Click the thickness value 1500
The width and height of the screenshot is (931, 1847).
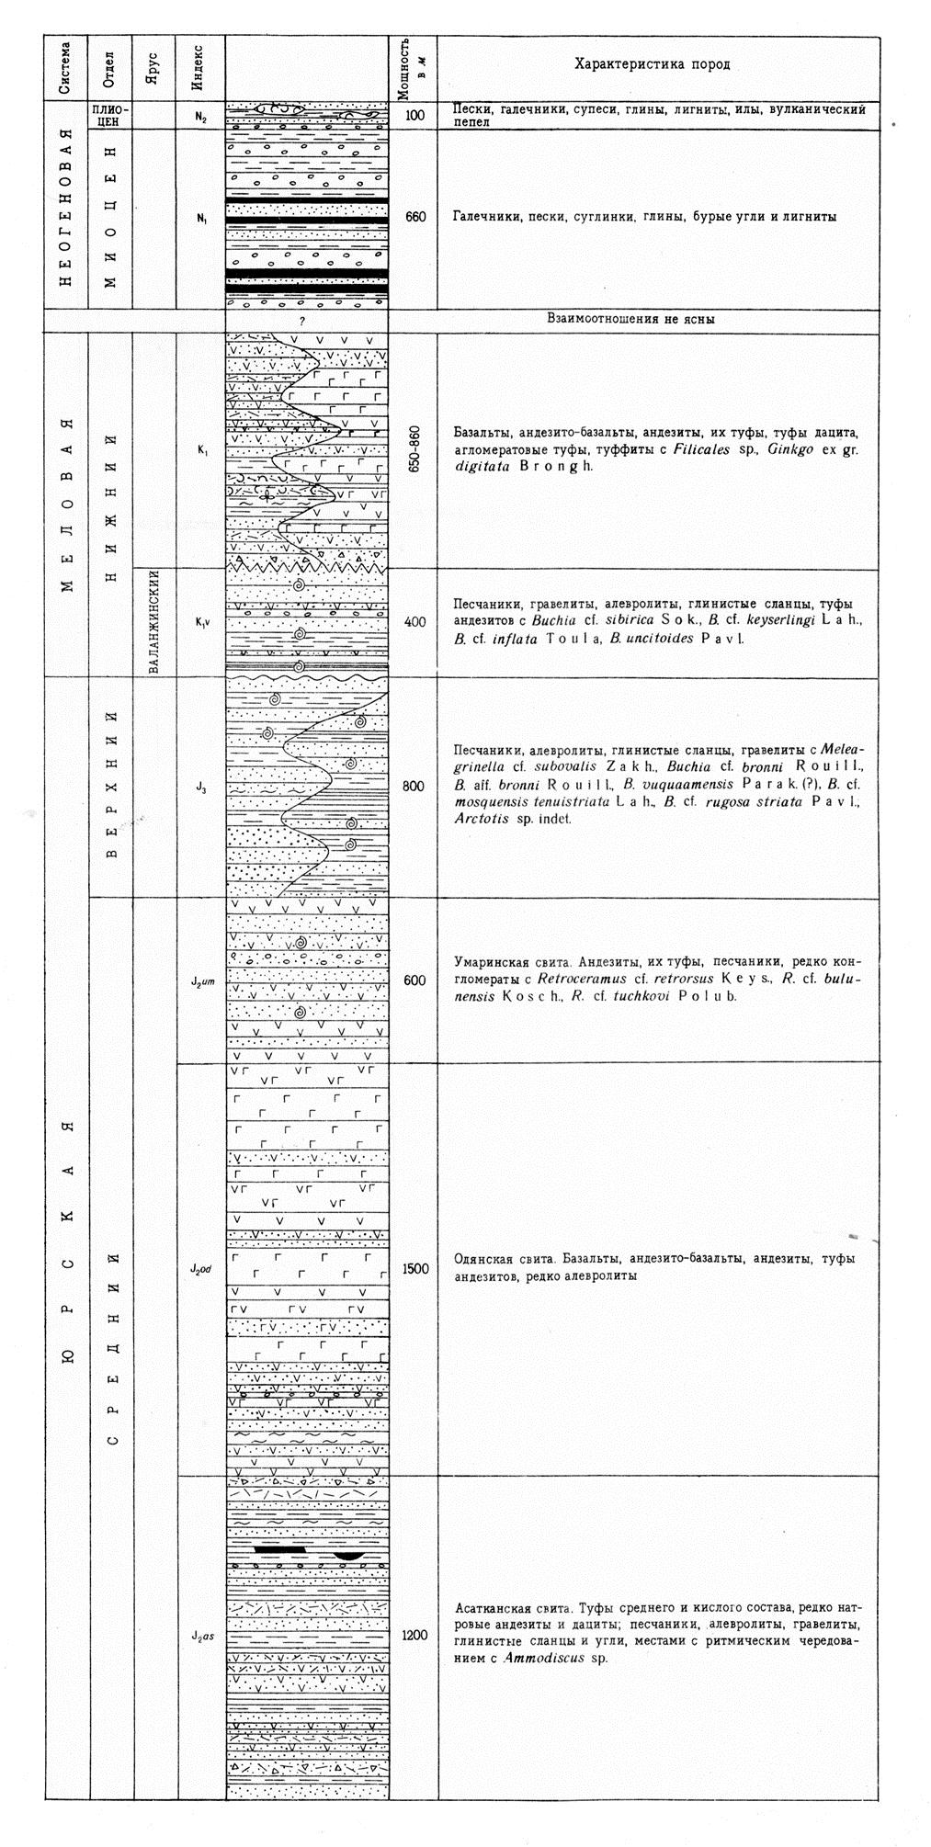(x=414, y=1269)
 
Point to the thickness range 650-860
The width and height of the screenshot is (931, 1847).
(x=413, y=449)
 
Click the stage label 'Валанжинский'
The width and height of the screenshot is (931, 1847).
(x=154, y=622)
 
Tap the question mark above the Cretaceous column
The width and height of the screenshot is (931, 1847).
(x=301, y=321)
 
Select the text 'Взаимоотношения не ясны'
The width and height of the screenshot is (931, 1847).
(x=630, y=321)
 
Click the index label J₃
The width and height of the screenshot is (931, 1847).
(x=200, y=787)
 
